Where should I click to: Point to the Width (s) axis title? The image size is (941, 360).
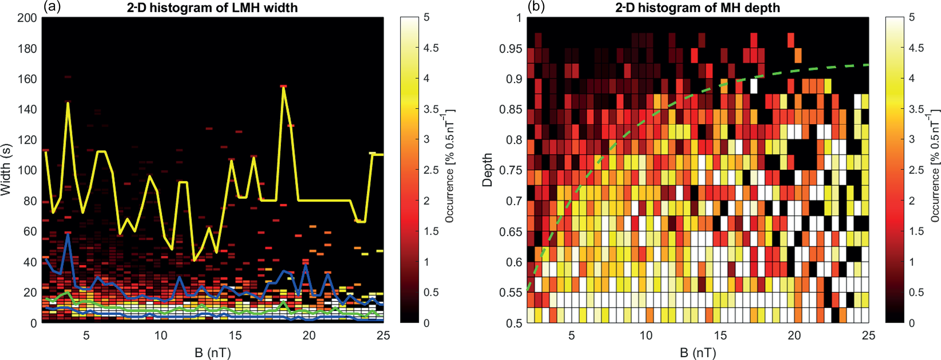click(6, 169)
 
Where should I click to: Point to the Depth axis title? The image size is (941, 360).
click(488, 170)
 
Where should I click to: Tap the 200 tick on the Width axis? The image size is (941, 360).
click(27, 18)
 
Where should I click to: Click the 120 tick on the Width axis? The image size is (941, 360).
click(27, 140)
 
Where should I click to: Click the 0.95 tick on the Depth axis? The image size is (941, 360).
click(510, 48)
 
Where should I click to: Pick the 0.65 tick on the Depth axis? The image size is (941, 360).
click(510, 231)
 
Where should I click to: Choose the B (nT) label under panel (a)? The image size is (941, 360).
click(213, 352)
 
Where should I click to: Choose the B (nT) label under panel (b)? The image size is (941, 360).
click(698, 352)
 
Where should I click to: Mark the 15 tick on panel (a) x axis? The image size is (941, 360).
click(235, 335)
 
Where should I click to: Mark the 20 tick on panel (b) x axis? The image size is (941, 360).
click(794, 335)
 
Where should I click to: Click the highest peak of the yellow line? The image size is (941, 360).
click(283, 86)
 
